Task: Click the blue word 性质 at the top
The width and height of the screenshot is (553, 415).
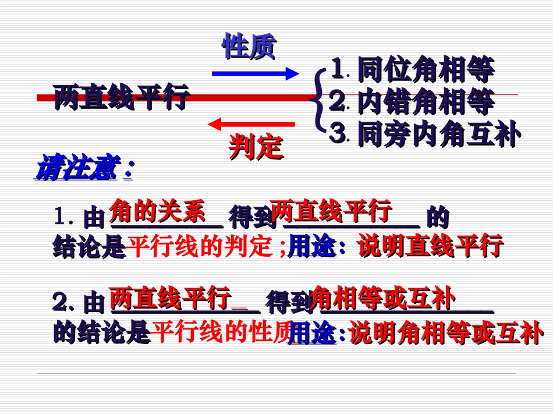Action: point(249,47)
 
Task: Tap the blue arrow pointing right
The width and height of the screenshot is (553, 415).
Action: point(255,73)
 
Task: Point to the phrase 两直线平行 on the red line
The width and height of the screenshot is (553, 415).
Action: point(122,97)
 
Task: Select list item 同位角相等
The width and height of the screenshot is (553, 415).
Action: point(426,70)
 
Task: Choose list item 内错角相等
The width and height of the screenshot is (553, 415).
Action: point(426,102)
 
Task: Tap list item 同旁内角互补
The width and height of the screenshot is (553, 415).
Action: point(438,134)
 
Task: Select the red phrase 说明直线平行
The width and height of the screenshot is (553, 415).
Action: point(430,246)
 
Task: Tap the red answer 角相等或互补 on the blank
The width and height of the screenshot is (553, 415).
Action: point(383,298)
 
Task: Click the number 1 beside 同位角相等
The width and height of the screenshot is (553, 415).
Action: point(336,70)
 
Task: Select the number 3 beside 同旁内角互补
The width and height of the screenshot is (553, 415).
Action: point(336,134)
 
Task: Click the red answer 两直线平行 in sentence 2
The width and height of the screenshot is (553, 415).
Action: point(170,299)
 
